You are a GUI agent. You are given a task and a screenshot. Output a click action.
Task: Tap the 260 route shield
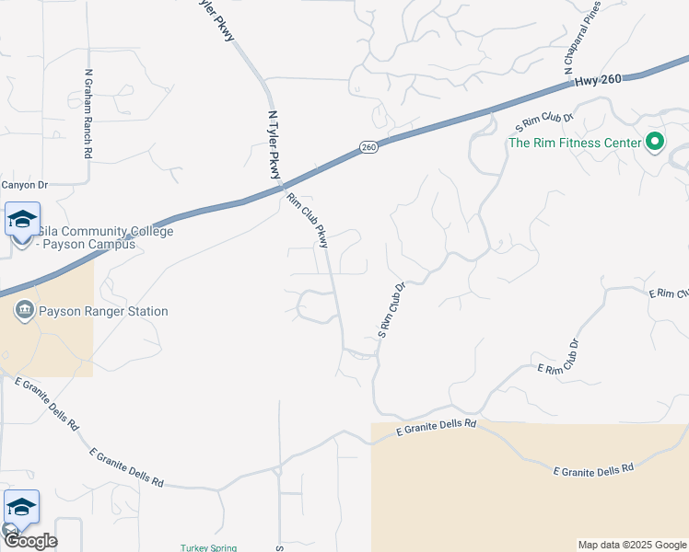(x=368, y=147)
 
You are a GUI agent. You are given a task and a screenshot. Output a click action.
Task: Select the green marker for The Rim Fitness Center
(x=655, y=142)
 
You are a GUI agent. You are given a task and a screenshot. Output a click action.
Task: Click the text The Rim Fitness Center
(x=574, y=143)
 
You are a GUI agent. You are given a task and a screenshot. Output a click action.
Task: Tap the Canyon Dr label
(x=24, y=185)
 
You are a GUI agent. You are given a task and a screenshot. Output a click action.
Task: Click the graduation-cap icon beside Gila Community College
(x=22, y=220)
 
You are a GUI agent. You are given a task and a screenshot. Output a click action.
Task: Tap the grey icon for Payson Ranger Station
(x=24, y=311)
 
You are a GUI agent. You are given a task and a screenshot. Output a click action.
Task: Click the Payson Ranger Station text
(x=103, y=312)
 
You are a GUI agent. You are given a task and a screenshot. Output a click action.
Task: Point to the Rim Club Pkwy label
(x=308, y=221)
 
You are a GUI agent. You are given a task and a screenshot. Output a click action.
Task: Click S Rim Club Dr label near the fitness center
(x=546, y=120)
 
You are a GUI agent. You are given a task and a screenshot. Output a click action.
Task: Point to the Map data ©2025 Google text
(x=631, y=545)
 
